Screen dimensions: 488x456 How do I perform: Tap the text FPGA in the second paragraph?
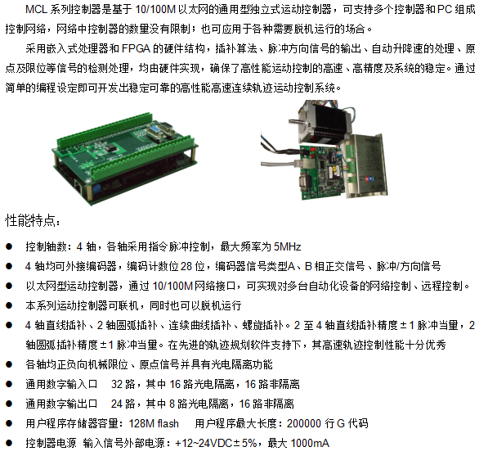tap(136, 48)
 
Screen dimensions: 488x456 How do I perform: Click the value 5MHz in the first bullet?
tap(287, 247)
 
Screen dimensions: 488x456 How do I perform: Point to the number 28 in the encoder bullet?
tap(186, 267)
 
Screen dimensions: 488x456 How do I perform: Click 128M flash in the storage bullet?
tap(154, 423)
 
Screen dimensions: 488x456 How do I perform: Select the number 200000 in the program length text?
tap(304, 423)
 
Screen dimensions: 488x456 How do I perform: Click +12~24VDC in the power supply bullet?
tap(204, 443)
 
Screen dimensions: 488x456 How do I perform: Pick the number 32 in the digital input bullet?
tap(117, 384)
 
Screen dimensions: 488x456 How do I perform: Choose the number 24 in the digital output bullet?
tap(117, 404)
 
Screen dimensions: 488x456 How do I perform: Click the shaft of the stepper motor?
tap(294, 121)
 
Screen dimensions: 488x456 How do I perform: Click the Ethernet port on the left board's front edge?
tap(78, 187)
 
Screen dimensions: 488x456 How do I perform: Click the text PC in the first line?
tap(445, 9)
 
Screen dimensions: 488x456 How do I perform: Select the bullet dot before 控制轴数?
tap(9, 246)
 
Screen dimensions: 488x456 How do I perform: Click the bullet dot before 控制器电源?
tap(9, 443)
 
